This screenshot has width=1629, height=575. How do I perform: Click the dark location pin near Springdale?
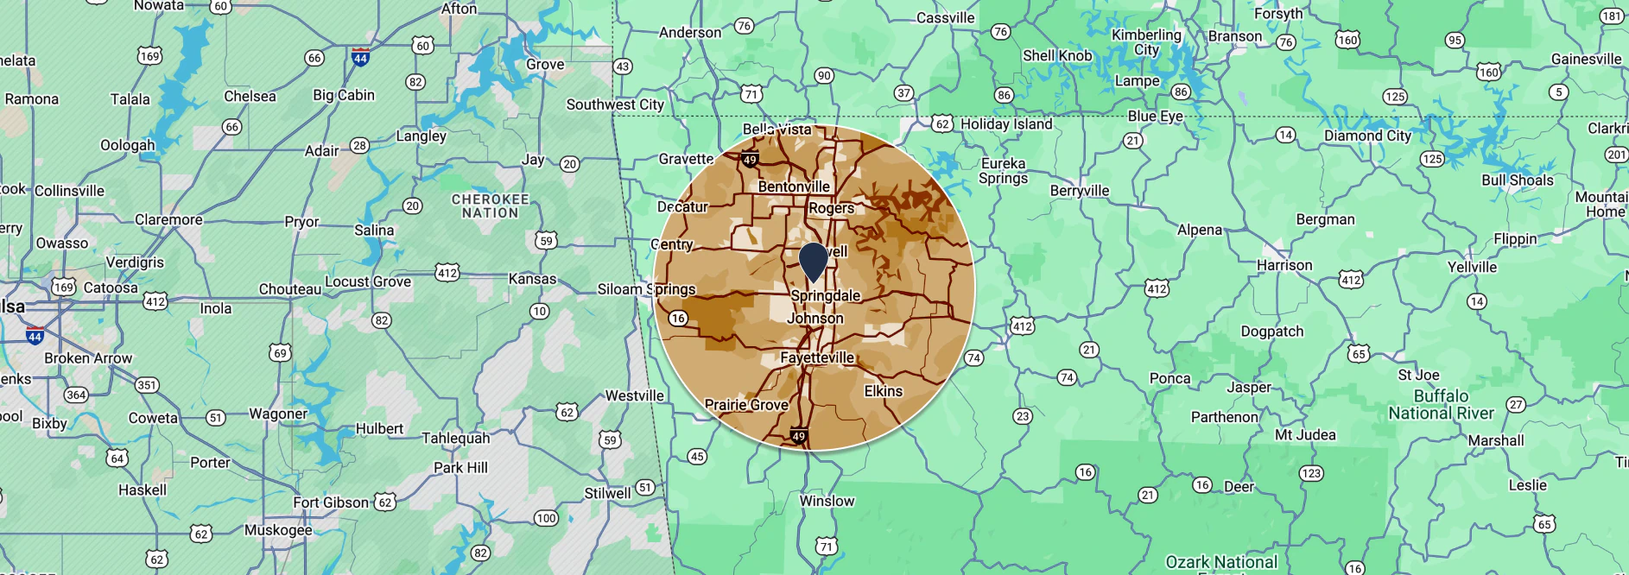[814, 262]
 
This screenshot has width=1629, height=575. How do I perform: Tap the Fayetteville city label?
[817, 357]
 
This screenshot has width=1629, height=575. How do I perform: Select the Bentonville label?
[794, 186]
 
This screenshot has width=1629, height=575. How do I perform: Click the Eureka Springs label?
[1003, 171]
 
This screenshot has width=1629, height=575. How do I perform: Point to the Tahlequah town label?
[455, 438]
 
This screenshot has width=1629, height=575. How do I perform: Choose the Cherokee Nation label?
[490, 205]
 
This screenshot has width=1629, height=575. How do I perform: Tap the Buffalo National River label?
[1441, 404]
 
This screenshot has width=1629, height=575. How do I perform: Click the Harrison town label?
[1284, 265]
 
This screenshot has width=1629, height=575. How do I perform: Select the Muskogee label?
[278, 529]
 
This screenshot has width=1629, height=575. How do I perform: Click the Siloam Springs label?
[646, 289]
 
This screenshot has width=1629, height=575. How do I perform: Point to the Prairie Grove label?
[746, 404]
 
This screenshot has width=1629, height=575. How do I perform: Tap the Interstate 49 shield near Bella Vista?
[750, 159]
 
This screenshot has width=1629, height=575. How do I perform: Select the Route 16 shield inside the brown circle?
[678, 319]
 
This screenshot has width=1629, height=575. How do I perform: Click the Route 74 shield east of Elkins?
[973, 357]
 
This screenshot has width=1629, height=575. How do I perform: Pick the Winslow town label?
[827, 501]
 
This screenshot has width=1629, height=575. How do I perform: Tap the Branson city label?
[1234, 36]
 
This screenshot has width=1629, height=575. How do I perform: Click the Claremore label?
[168, 219]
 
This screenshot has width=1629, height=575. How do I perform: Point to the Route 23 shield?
[1023, 416]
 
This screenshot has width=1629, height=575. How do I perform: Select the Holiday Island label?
[1006, 123]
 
